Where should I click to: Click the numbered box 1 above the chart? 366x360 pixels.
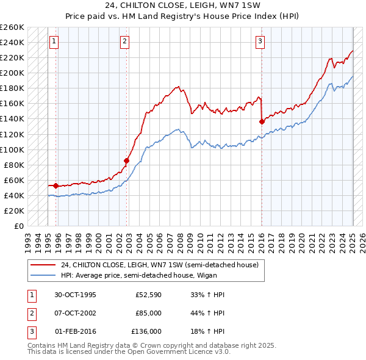pyautogui.click(x=54, y=41)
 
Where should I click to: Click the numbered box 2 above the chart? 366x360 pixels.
pyautogui.click(x=124, y=41)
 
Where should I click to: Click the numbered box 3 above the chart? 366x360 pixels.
pyautogui.click(x=260, y=41)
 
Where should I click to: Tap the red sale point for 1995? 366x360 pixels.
pyautogui.click(x=56, y=185)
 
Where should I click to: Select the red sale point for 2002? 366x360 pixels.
pyautogui.click(x=127, y=160)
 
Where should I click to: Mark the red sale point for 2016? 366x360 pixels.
pyautogui.click(x=262, y=121)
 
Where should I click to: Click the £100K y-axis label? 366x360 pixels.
pyautogui.click(x=12, y=149)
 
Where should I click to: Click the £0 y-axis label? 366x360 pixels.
pyautogui.click(x=19, y=226)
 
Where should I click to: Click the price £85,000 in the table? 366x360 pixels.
pyautogui.click(x=149, y=313)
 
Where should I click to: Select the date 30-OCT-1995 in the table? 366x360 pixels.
pyautogui.click(x=75, y=295)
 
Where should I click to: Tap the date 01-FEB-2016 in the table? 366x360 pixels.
pyautogui.click(x=75, y=331)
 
